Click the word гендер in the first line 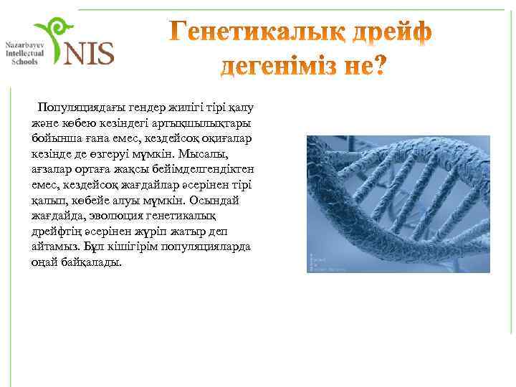point(144,107)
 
